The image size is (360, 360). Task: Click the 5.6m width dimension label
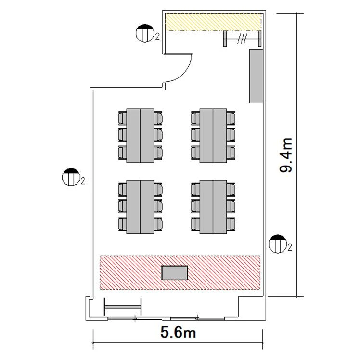point(178,333)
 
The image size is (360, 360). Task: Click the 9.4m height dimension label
point(286,155)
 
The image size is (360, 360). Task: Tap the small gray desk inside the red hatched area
point(175,273)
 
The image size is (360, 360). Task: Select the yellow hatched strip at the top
point(214,22)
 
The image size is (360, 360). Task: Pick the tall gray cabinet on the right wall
point(256,76)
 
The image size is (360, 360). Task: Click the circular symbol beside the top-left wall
point(145,33)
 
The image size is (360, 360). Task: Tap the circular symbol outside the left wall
point(71,177)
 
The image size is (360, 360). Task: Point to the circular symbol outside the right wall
point(278,244)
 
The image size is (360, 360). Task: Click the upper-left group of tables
point(140,136)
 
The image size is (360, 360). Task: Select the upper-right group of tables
point(213,136)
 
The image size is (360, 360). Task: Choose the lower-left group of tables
point(140,207)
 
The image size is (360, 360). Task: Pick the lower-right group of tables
point(213,207)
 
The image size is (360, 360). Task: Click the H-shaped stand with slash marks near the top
point(243,39)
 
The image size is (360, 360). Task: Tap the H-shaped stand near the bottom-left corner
point(123,307)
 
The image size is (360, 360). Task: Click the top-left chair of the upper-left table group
point(122,118)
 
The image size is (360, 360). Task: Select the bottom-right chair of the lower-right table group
point(231,224)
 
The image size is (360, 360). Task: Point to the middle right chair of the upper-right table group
point(231,135)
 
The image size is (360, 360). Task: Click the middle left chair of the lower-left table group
point(122,206)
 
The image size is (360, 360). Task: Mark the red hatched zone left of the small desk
point(130,273)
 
